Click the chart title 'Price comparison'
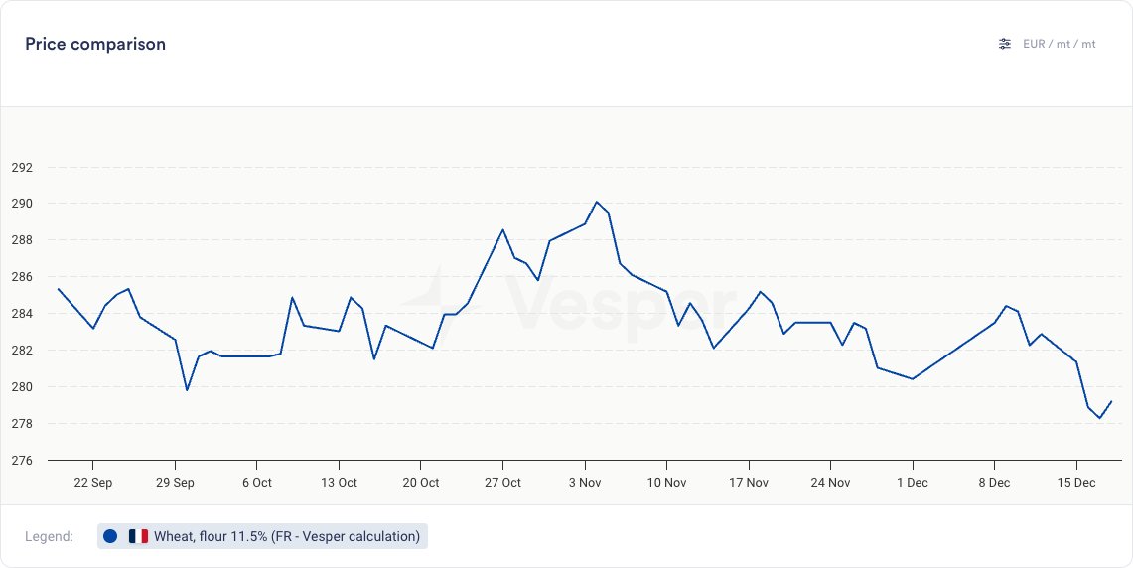pyautogui.click(x=95, y=44)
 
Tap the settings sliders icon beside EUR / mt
pyautogui.click(x=1005, y=44)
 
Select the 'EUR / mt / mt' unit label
pyautogui.click(x=1059, y=44)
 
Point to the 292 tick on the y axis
pyautogui.click(x=22, y=167)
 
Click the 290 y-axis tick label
pyautogui.click(x=22, y=204)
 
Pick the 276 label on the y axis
pyautogui.click(x=22, y=461)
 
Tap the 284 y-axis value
pyautogui.click(x=22, y=314)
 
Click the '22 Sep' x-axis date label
pyautogui.click(x=93, y=483)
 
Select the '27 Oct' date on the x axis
pyautogui.click(x=502, y=483)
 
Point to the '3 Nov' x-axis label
pyautogui.click(x=585, y=483)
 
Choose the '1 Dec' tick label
pyautogui.click(x=912, y=483)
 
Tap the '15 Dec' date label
pyautogui.click(x=1075, y=483)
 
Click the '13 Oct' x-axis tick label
pyautogui.click(x=339, y=483)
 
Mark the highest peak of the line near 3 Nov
pyautogui.click(x=596, y=202)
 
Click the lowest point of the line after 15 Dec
pyautogui.click(x=1099, y=418)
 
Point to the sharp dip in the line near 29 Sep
pyautogui.click(x=187, y=389)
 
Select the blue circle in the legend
pyautogui.click(x=110, y=536)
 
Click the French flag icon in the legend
pyautogui.click(x=138, y=536)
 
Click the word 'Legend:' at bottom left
pyautogui.click(x=49, y=536)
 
